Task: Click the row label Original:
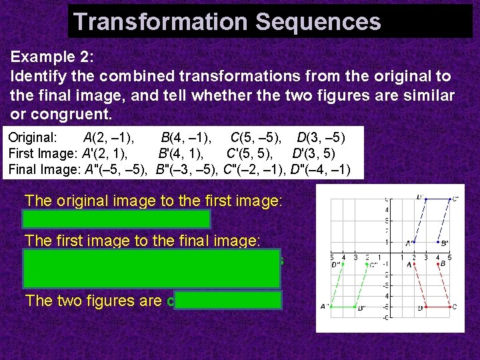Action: pyautogui.click(x=33, y=139)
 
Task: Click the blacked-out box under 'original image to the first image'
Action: pyautogui.click(x=117, y=219)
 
